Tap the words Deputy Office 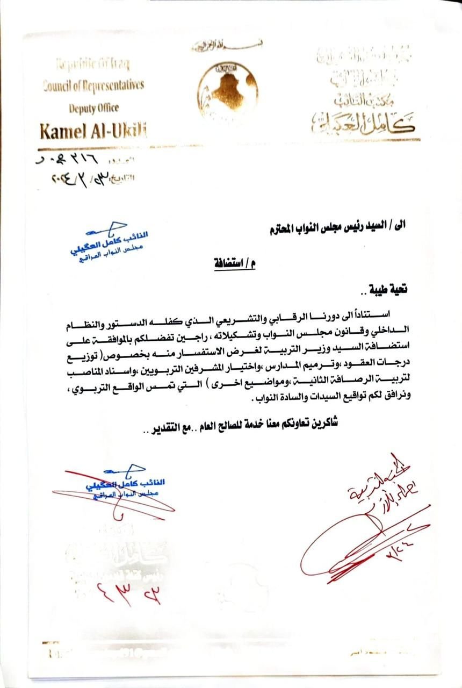point(93,107)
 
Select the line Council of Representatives point(93,85)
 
